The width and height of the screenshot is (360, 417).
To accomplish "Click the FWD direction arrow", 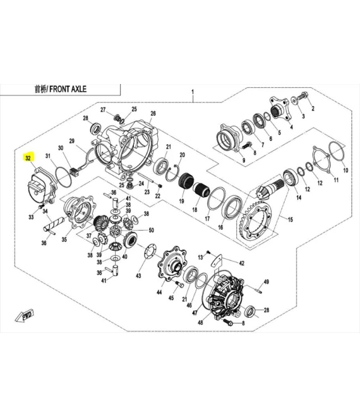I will click(27, 317).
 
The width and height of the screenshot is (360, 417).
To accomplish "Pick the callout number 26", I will click(153, 114).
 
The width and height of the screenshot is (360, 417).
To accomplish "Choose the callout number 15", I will click(291, 220).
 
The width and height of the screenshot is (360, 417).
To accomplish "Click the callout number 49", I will click(267, 282).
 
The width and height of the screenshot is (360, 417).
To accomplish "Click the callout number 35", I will click(64, 240).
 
